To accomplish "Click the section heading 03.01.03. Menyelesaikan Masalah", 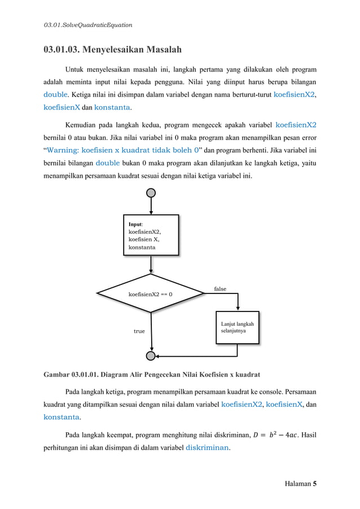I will [x=113, y=50].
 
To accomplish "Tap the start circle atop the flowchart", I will [x=151, y=192].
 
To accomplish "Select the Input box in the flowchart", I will [x=151, y=235].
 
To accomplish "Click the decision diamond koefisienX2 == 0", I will [x=151, y=293].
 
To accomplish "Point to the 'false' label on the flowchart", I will [x=220, y=289].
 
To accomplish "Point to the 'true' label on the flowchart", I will [x=139, y=331].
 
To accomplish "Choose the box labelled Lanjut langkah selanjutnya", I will [x=238, y=328].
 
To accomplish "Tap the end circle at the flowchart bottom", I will [x=151, y=356].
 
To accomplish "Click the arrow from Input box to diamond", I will [x=151, y=265].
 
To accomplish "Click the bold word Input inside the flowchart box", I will [x=136, y=224].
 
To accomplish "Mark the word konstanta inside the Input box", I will [x=142, y=247].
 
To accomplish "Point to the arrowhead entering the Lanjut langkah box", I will [x=238, y=308].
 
